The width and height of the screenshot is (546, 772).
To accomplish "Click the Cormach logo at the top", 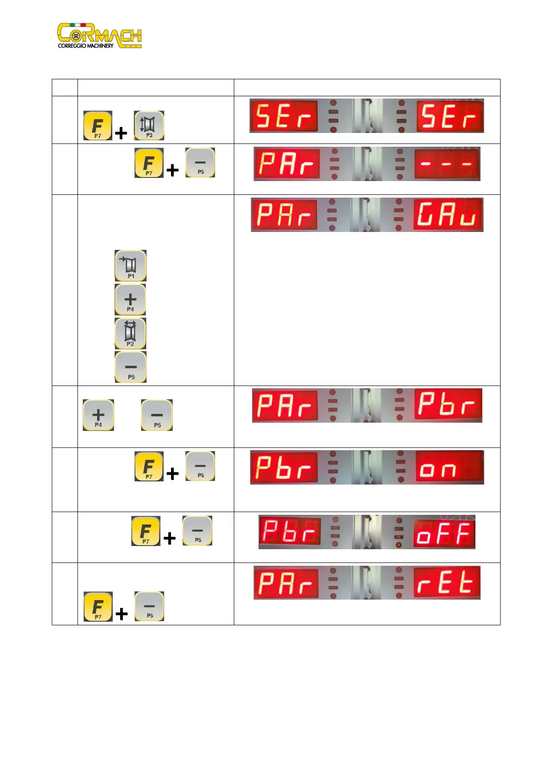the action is (x=99, y=35).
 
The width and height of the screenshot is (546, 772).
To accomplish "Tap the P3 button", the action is (x=149, y=125).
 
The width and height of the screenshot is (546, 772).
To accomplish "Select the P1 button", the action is (x=131, y=265).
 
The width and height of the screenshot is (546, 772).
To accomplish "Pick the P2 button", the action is (x=131, y=333).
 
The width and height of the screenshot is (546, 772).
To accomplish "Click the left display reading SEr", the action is (x=284, y=116).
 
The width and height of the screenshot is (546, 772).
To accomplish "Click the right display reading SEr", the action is (x=450, y=116).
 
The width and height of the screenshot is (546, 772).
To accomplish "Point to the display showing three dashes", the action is (x=447, y=164).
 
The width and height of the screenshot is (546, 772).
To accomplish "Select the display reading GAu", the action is (x=448, y=215).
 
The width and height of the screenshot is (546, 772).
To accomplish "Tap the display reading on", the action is (x=449, y=467).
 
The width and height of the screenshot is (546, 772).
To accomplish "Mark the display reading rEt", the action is (x=447, y=583).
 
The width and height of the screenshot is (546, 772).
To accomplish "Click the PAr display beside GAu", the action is (x=284, y=215).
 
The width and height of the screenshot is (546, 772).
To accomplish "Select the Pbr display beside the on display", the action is (x=284, y=467).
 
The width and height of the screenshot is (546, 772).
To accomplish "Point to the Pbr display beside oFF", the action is (x=289, y=532).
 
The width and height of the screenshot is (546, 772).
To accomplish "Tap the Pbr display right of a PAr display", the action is (x=448, y=405).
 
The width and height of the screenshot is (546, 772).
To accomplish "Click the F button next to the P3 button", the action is (x=98, y=125).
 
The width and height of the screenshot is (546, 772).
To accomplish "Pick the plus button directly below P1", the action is (x=131, y=299).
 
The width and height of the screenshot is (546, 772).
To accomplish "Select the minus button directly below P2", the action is (x=131, y=367).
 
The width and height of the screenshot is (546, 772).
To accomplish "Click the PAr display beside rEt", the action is (x=286, y=583).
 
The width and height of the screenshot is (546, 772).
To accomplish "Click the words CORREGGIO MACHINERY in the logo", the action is (x=86, y=46).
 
